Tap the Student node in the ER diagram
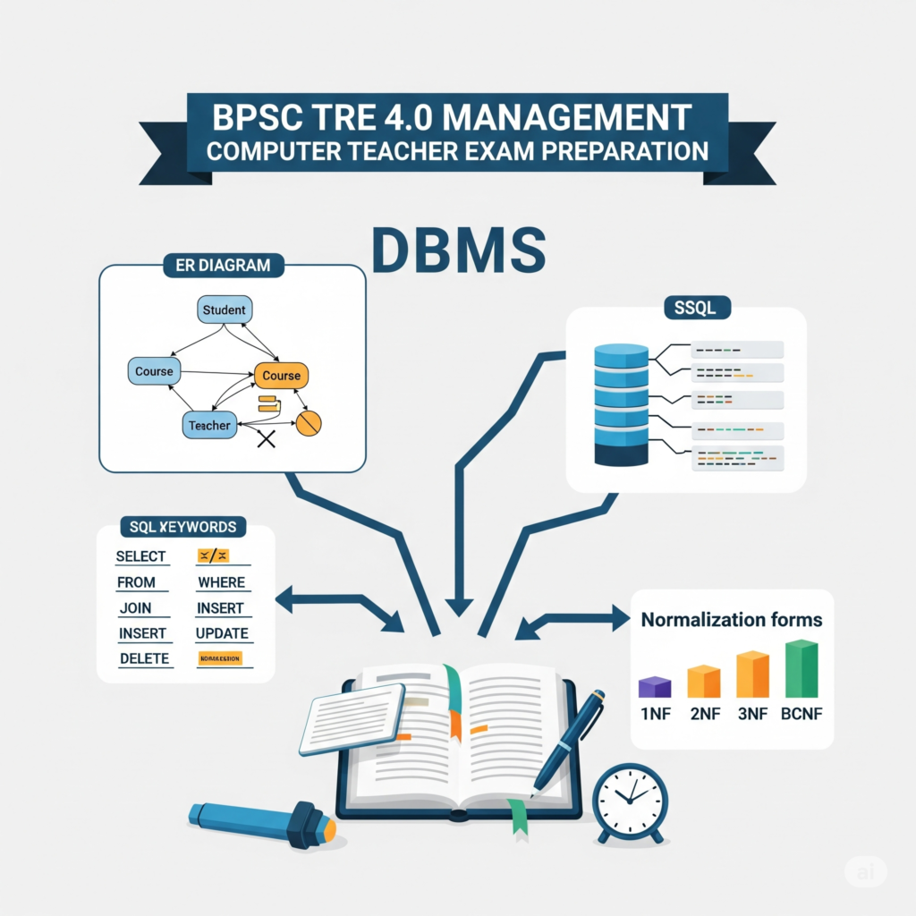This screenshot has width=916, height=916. pyautogui.click(x=224, y=310)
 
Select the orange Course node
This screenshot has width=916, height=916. pyautogui.click(x=281, y=376)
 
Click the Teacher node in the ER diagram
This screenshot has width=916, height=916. pyautogui.click(x=209, y=426)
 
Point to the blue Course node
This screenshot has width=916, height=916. pyautogui.click(x=154, y=371)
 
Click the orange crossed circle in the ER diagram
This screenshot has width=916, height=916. pyautogui.click(x=308, y=423)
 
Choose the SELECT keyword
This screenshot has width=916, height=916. pyautogui.click(x=141, y=556)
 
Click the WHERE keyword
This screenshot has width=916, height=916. pyautogui.click(x=221, y=582)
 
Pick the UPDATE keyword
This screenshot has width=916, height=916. pyautogui.click(x=221, y=634)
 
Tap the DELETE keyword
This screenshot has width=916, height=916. pyautogui.click(x=144, y=659)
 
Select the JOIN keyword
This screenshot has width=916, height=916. pyautogui.click(x=135, y=608)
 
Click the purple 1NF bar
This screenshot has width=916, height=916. pyautogui.click(x=654, y=686)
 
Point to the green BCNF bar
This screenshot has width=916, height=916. pyautogui.click(x=801, y=668)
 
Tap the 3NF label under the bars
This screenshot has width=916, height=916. pyautogui.click(x=752, y=715)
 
